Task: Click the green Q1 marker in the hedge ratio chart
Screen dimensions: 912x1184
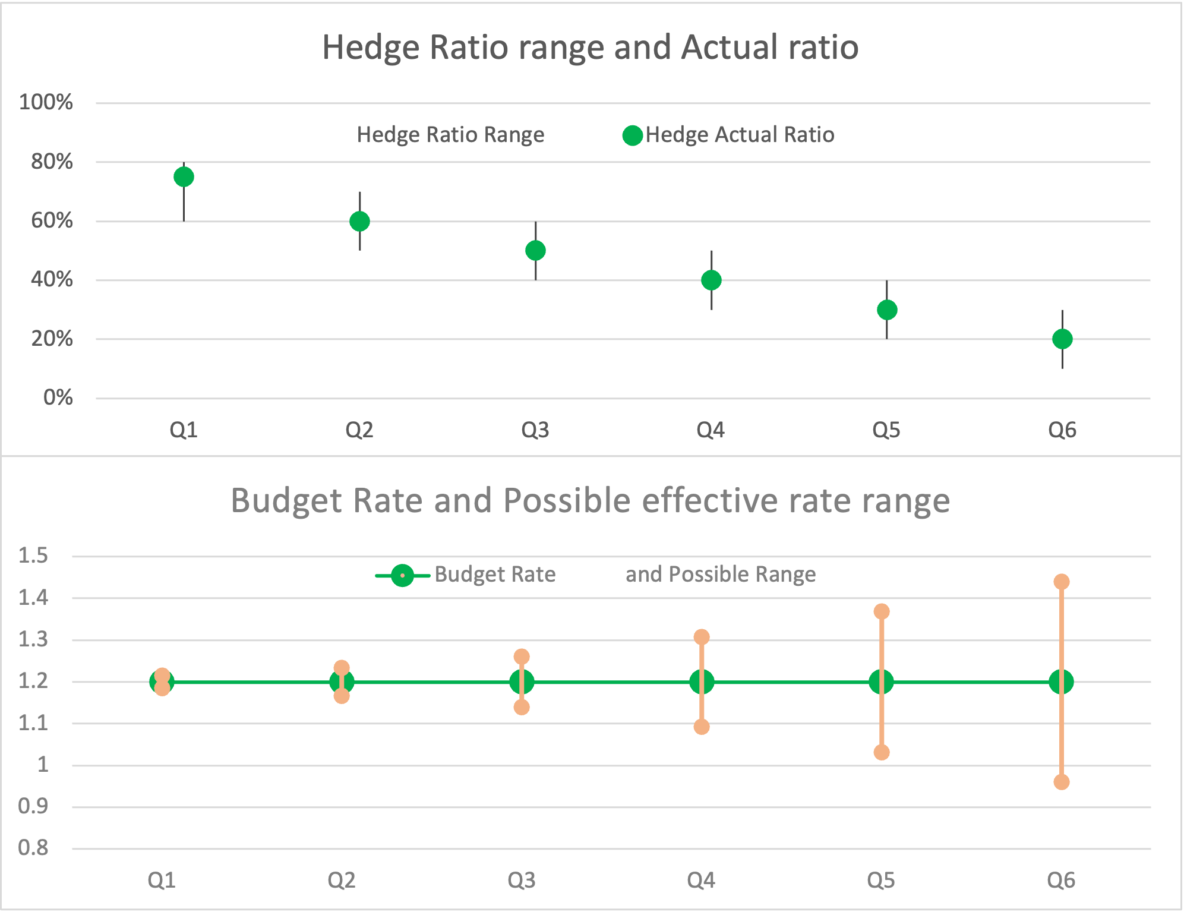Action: (x=184, y=176)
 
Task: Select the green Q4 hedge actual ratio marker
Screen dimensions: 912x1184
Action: (x=711, y=280)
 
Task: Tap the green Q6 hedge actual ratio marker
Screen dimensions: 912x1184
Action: (x=1062, y=339)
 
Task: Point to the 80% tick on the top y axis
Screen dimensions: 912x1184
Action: (x=52, y=162)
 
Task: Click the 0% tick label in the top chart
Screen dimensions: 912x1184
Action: (x=58, y=397)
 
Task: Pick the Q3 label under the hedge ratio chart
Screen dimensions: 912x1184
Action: (x=535, y=430)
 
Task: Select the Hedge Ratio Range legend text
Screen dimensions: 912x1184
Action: (x=450, y=135)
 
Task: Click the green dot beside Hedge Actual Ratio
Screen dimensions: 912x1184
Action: (x=633, y=135)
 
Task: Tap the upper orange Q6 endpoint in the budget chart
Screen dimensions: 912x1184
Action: (x=1061, y=582)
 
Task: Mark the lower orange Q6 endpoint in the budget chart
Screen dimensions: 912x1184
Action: (x=1061, y=782)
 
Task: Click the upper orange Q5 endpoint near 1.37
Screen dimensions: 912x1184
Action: (x=882, y=611)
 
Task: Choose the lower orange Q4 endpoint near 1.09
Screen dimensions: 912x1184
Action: (x=702, y=727)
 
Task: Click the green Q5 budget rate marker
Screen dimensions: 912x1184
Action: (x=882, y=681)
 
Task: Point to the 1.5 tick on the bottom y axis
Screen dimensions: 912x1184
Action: (x=33, y=556)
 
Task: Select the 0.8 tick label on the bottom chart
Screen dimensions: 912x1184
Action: (x=33, y=848)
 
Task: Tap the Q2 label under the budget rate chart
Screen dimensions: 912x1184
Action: (x=342, y=880)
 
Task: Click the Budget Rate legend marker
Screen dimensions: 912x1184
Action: (x=402, y=575)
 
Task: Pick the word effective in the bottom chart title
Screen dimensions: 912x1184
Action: (x=709, y=501)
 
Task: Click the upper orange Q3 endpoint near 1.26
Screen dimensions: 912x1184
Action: (x=522, y=657)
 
